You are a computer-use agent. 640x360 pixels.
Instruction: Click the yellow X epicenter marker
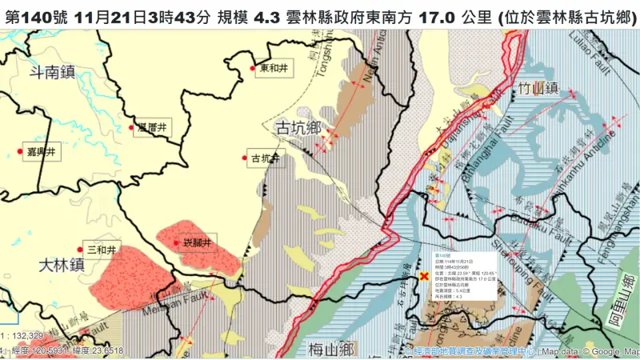[424, 276]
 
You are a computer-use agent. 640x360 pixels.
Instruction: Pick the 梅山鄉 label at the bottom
[330, 349]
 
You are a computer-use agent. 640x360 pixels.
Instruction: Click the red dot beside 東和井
[254, 69]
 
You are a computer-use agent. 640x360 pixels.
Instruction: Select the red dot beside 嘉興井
[20, 151]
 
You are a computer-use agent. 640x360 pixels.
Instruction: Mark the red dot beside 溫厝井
[132, 127]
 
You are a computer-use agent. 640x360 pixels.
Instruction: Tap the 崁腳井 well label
[196, 242]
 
